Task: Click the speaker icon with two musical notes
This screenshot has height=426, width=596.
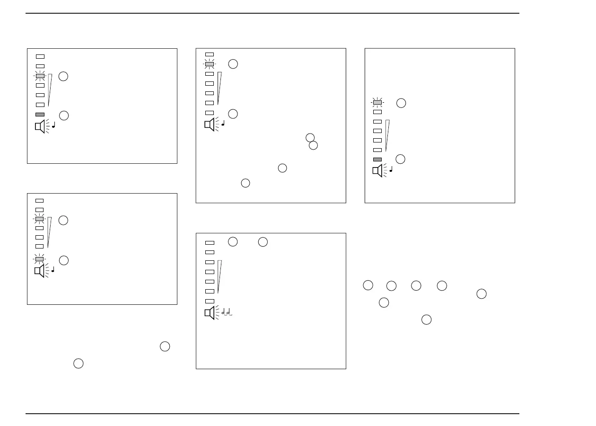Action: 210,313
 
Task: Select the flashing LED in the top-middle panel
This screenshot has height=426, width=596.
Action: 210,64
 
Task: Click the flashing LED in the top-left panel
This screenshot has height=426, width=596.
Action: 40,76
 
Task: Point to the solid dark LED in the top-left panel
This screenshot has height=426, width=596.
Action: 40,115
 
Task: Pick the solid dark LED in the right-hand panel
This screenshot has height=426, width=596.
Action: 377,160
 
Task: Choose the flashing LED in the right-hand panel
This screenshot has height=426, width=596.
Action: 377,102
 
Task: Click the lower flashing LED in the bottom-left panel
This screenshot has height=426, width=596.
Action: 40,259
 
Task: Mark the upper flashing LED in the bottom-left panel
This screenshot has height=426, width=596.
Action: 40,219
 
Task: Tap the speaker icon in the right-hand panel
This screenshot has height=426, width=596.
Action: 377,170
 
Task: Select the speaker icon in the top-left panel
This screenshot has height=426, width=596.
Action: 40,127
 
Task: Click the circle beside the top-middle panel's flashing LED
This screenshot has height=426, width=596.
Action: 233,64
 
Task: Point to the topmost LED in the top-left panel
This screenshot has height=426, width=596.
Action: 40,56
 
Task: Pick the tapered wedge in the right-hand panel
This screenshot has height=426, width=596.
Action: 387,135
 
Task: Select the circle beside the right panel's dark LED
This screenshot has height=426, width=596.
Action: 400,159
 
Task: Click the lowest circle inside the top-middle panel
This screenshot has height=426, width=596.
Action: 245,183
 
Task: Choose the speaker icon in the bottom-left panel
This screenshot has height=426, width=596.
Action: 40,271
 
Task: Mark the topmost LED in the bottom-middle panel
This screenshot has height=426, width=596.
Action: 210,243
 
